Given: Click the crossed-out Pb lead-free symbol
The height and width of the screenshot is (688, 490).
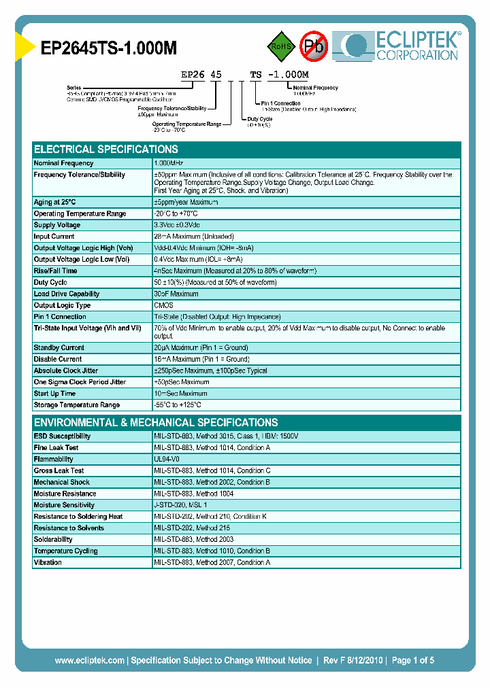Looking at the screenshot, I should point(314,46).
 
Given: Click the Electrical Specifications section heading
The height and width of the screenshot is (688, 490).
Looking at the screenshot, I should point(106,150).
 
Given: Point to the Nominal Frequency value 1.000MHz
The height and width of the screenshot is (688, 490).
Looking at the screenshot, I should point(168,163).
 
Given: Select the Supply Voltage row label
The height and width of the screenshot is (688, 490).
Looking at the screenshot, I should point(57,225).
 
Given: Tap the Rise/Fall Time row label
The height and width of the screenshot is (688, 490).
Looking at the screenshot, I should point(56,271).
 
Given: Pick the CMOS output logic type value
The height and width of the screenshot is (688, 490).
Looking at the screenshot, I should point(164,305).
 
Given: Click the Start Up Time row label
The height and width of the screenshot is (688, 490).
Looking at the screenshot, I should point(55,394).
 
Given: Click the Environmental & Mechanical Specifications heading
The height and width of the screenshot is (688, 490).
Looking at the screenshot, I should point(156,422).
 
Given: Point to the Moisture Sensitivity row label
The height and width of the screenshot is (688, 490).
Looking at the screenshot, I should point(65,505).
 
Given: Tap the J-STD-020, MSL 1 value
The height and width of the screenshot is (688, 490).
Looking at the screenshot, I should point(180,505).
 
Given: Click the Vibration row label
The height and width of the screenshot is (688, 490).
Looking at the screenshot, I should point(48,563).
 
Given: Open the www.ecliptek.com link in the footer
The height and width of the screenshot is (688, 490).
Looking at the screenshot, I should point(89,660).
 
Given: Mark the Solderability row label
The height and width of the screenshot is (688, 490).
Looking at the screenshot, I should point(53,540).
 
